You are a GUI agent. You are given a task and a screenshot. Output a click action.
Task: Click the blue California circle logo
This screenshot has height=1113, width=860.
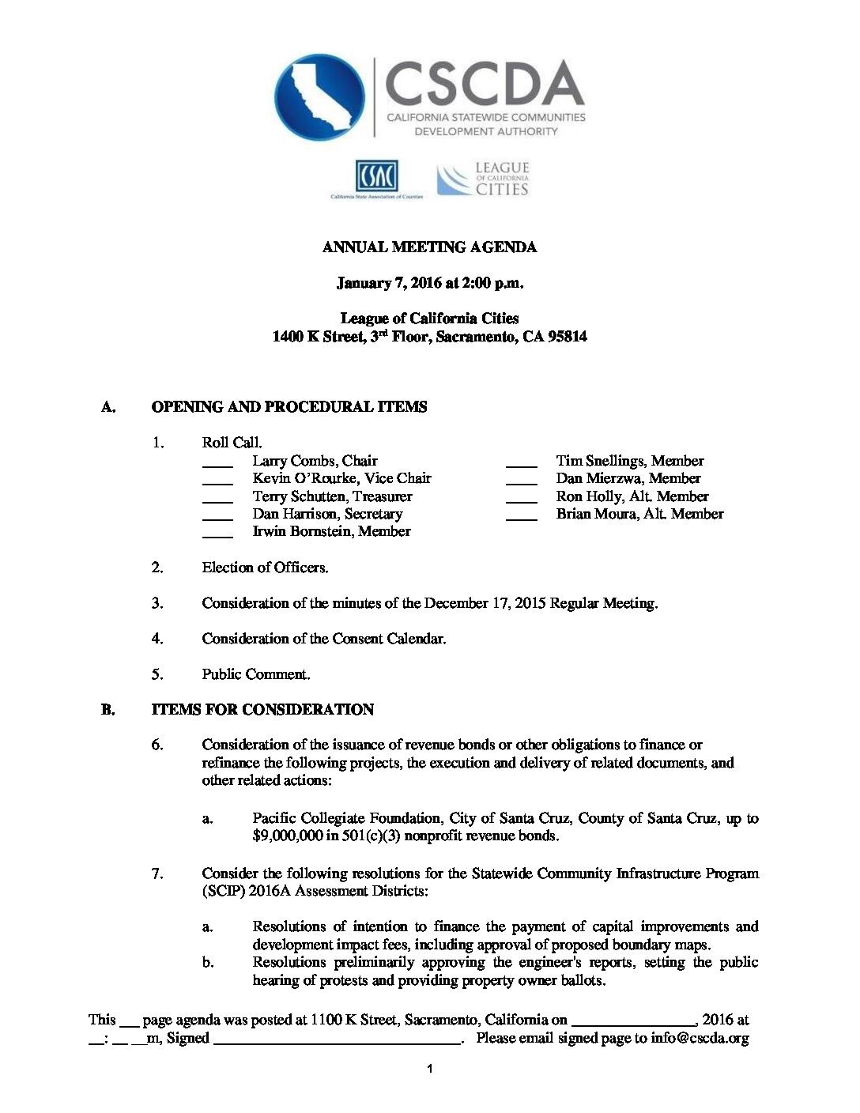click(x=319, y=97)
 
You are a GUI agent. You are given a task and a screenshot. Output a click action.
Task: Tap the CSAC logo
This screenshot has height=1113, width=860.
click(x=377, y=178)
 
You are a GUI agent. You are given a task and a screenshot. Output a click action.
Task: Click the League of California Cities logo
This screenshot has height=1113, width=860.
click(x=484, y=179)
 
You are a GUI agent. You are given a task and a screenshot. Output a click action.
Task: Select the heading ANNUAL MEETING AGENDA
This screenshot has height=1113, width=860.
click(x=429, y=247)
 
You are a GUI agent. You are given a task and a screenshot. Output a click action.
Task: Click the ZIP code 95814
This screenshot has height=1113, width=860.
click(x=568, y=337)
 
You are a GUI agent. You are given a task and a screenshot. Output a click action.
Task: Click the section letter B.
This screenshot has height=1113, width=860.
click(x=108, y=710)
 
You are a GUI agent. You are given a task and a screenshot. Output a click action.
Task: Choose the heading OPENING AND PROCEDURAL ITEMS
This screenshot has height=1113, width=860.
click(x=289, y=407)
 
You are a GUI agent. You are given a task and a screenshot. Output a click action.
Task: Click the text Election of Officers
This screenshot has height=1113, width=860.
click(x=265, y=568)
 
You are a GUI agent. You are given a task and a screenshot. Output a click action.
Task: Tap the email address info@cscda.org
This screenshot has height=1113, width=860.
click(x=700, y=1039)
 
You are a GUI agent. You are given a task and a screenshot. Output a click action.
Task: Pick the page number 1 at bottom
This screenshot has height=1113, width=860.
click(x=429, y=1070)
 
